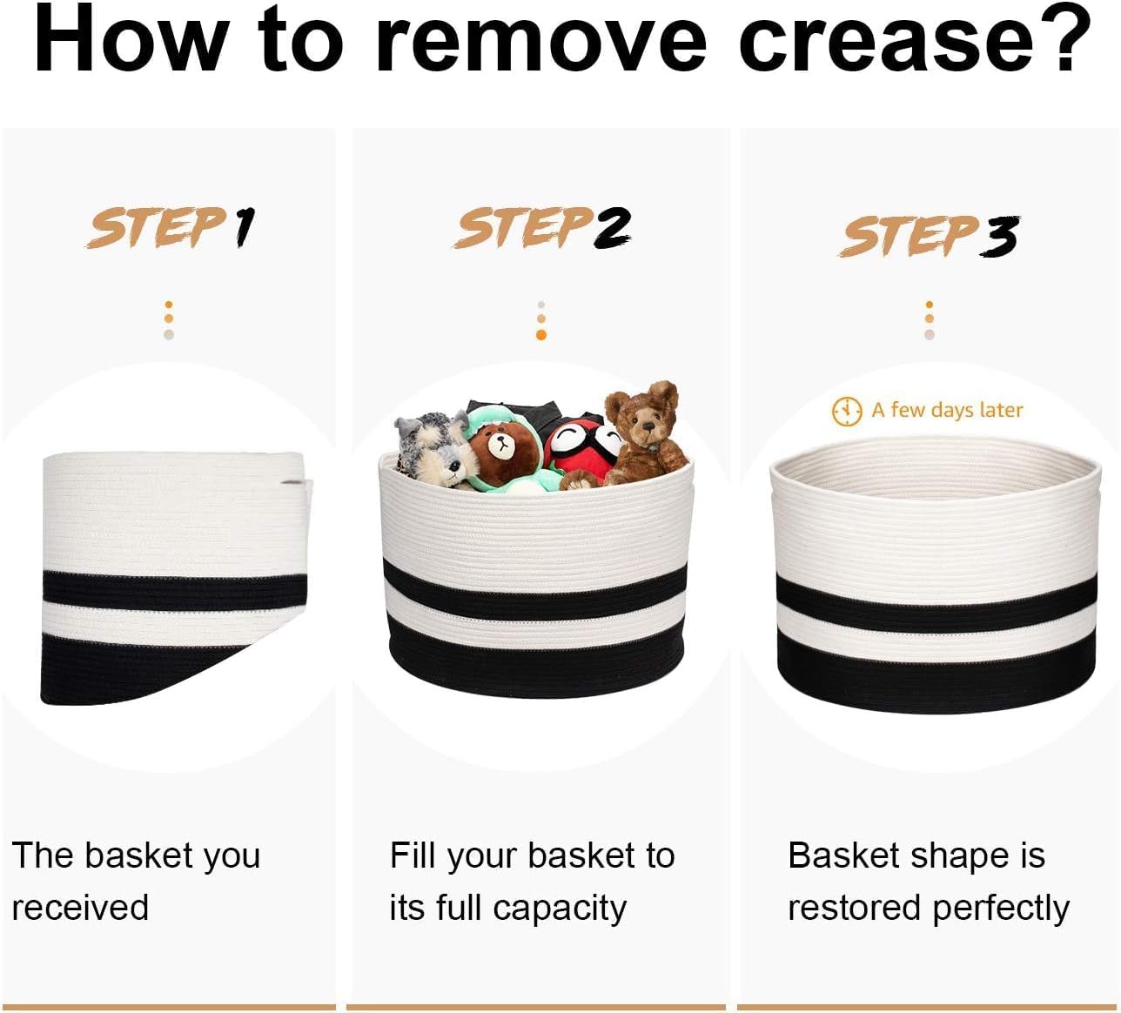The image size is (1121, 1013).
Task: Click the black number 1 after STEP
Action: click(244, 227)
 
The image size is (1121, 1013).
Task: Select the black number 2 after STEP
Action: click(611, 227)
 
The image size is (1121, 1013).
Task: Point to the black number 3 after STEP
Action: click(998, 237)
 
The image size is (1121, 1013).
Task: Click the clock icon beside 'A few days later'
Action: click(847, 412)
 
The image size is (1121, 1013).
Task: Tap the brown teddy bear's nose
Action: click(648, 426)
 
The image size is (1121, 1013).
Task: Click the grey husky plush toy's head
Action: click(433, 445)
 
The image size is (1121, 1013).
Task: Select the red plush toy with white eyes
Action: click(581, 447)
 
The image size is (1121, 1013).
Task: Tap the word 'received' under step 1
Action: click(80, 908)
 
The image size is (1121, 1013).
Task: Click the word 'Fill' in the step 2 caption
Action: click(413, 855)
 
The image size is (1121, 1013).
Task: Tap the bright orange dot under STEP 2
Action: click(541, 335)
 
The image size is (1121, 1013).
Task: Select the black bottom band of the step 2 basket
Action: click(536, 660)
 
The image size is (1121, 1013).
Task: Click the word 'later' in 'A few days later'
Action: click(1000, 411)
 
